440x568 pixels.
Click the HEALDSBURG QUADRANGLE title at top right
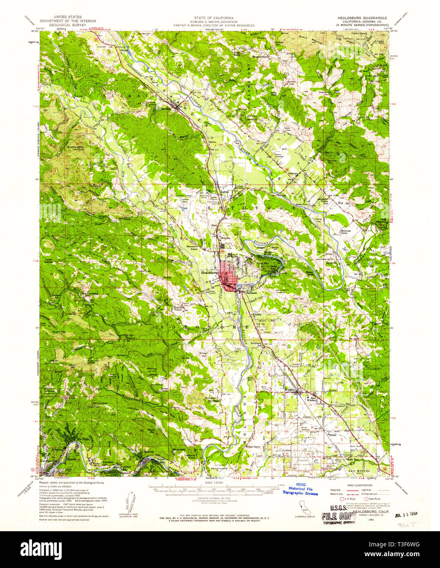coord(359,18)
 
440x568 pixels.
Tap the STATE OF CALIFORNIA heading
coord(219,18)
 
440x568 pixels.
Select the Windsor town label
coord(290,391)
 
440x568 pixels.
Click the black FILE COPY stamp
coord(335,516)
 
